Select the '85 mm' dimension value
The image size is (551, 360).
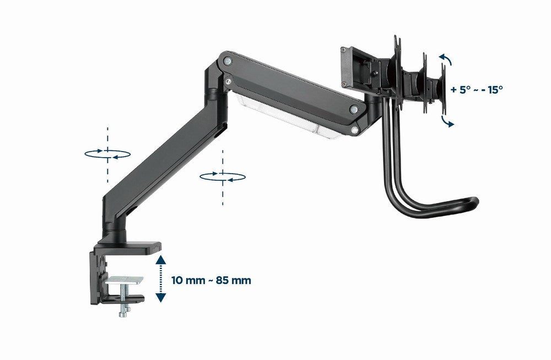point(234,280)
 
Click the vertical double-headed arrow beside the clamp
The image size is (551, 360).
point(160,278)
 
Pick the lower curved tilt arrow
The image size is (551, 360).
point(448,121)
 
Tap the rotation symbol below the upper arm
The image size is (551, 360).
point(222,176)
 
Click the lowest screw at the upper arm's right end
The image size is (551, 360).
point(354,130)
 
